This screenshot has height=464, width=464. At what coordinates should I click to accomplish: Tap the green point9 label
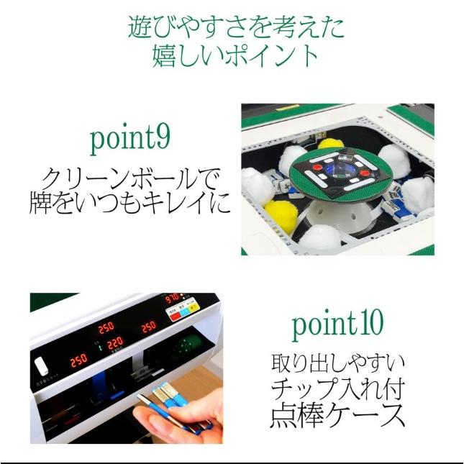coord(130,137)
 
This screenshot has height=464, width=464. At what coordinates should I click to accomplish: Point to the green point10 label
coord(337,324)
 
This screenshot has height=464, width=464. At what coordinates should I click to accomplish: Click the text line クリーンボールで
coord(130,177)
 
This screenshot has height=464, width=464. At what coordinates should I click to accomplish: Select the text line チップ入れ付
coord(337,389)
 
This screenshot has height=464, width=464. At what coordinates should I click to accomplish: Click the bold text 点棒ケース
coord(337,416)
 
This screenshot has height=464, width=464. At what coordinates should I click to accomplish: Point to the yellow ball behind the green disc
coord(332,144)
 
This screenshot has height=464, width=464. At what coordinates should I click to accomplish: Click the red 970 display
coord(173,298)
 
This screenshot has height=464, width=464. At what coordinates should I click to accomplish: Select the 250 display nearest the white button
coord(78,358)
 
